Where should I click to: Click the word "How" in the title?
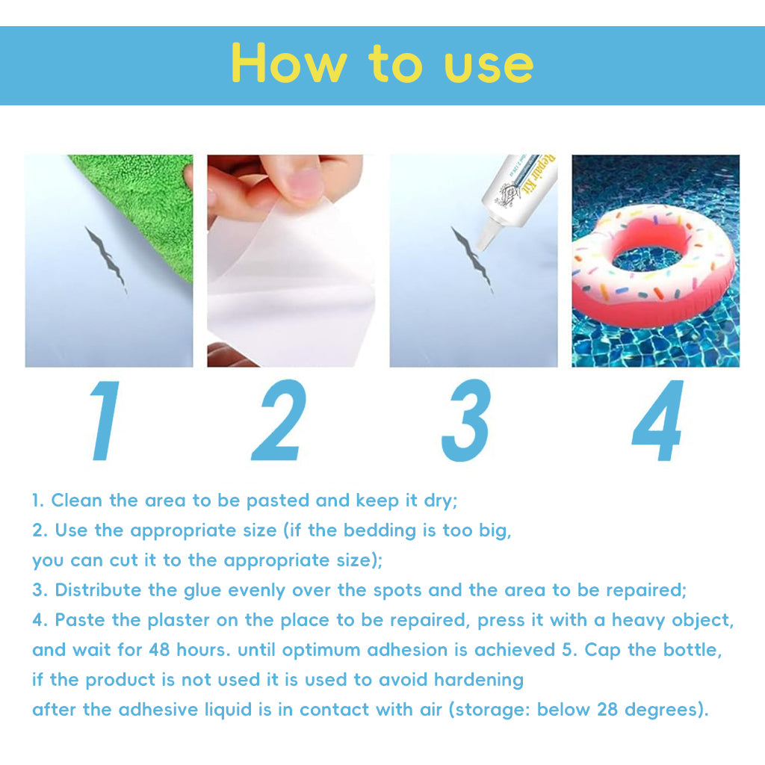pyautogui.click(x=289, y=63)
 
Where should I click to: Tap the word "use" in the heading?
pyautogui.click(x=489, y=66)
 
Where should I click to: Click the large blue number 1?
pyautogui.click(x=105, y=421)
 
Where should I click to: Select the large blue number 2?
pyautogui.click(x=279, y=420)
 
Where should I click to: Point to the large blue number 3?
pyautogui.click(x=465, y=420)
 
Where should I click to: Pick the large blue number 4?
pyautogui.click(x=657, y=420)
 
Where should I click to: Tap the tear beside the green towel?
pyautogui.click(x=106, y=259)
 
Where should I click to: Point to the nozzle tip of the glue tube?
pyautogui.click(x=482, y=245)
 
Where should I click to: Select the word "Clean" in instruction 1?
pyautogui.click(x=77, y=500)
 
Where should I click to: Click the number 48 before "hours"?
pyautogui.click(x=159, y=650)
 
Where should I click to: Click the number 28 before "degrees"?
pyautogui.click(x=607, y=710)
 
